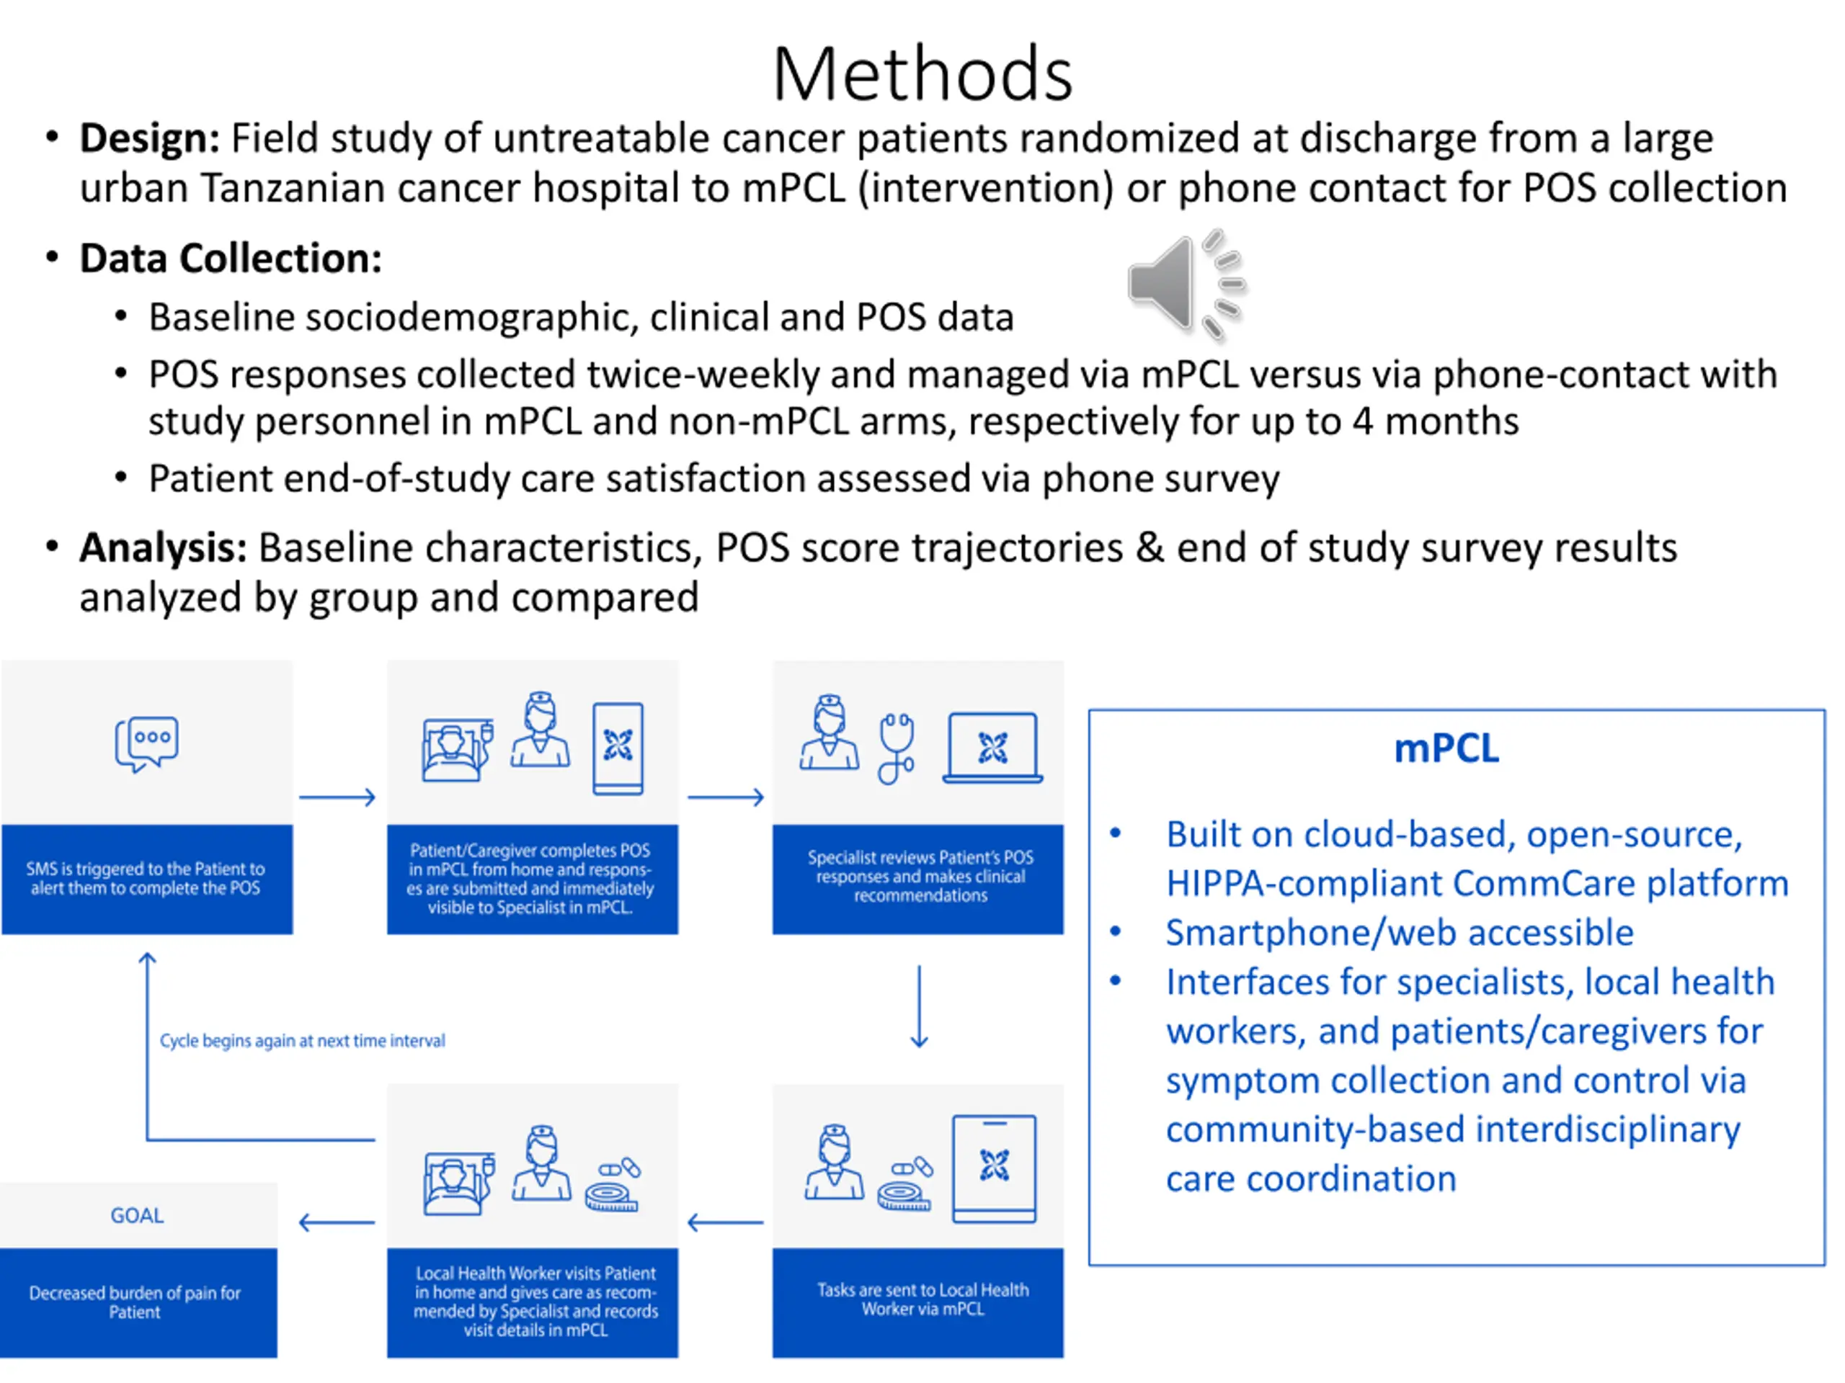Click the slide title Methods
pos(922,74)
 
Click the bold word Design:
pos(149,138)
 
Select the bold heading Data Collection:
pos(230,259)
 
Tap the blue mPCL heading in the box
pos(1446,748)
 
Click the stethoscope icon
pos(896,748)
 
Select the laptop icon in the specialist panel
pos(992,748)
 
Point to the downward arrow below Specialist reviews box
pos(919,1006)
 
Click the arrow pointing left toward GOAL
pos(337,1223)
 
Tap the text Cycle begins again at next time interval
pos(302,1040)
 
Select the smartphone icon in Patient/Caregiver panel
pos(617,748)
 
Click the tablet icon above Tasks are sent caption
pos(995,1169)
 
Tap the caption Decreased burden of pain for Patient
pos(134,1302)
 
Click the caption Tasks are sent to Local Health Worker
pos(922,1299)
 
